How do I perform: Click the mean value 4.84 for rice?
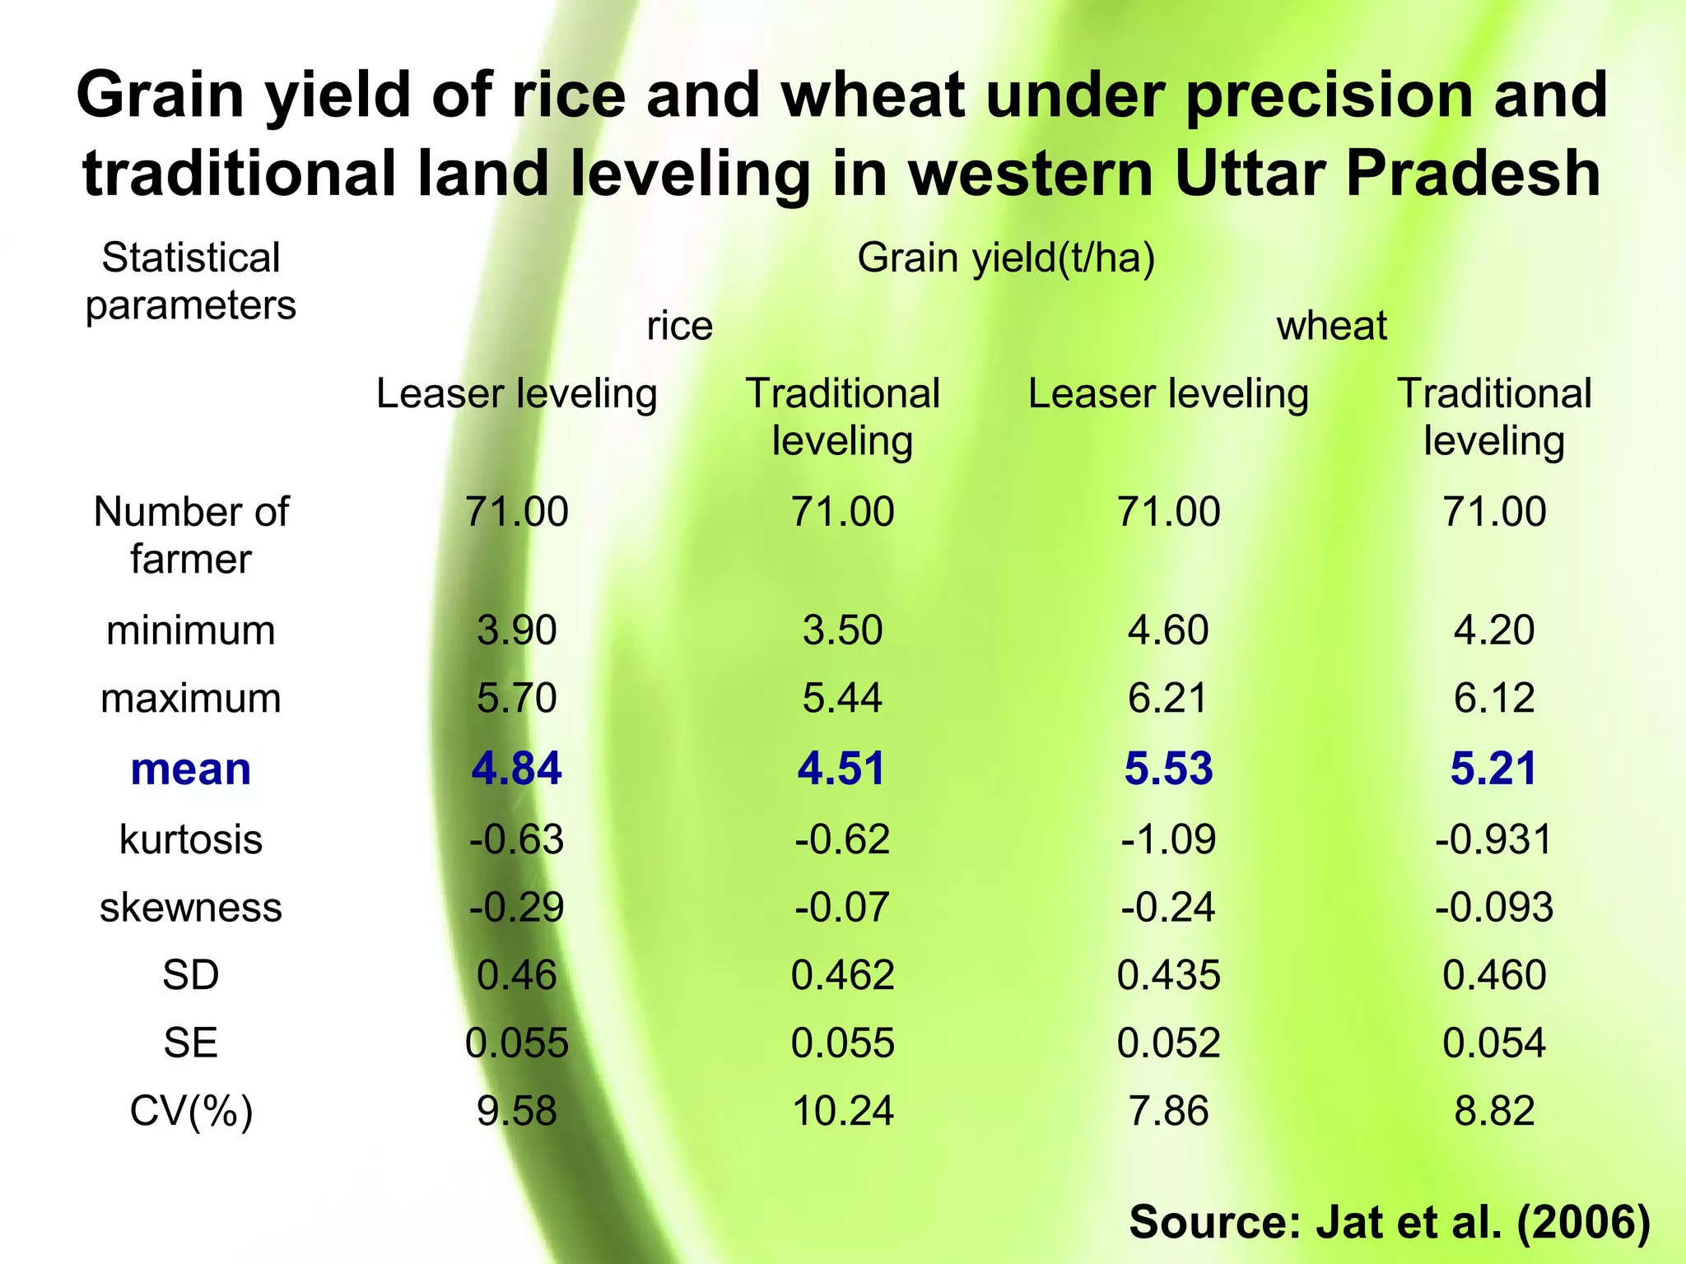click(x=516, y=769)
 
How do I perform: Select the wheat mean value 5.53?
click(x=1168, y=769)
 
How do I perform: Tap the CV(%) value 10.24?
click(x=842, y=1111)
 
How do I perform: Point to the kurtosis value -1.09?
click(x=1168, y=839)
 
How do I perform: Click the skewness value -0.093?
click(x=1494, y=907)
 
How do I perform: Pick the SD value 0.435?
click(x=1168, y=975)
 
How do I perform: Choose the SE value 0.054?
click(x=1494, y=1043)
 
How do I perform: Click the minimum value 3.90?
click(x=516, y=630)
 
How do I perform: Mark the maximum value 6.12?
click(x=1494, y=698)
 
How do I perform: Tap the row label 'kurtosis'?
click(x=191, y=839)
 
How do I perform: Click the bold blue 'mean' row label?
click(x=191, y=769)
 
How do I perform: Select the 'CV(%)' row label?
click(x=191, y=1111)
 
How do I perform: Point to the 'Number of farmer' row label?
click(x=191, y=535)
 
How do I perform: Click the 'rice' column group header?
click(x=679, y=326)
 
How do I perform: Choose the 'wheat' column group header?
click(x=1331, y=326)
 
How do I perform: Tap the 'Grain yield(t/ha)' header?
click(x=1006, y=258)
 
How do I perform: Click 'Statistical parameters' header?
click(x=191, y=281)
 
